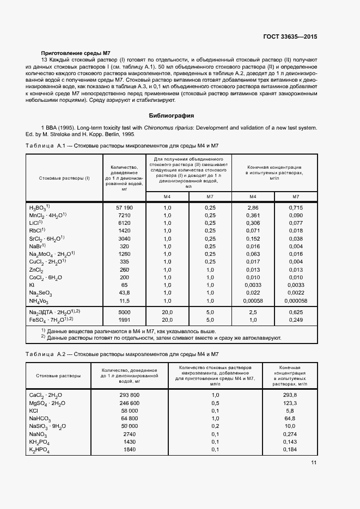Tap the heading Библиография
(172, 115)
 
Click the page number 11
(314, 463)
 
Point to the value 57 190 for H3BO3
(124, 208)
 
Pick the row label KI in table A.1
(32, 285)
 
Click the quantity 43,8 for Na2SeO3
(124, 293)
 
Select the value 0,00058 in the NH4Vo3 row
(253, 301)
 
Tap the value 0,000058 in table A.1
(296, 301)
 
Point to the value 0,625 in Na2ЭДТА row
(296, 312)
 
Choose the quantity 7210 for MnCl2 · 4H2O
(124, 216)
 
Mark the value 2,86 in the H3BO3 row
(253, 208)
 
